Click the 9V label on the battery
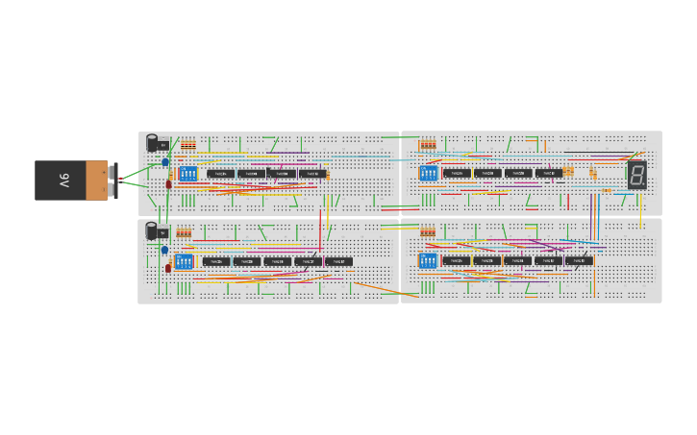tap(64, 180)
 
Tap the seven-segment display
tap(636, 175)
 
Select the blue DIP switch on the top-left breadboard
tap(187, 174)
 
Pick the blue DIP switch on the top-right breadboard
tap(429, 174)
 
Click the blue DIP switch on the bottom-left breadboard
tap(184, 261)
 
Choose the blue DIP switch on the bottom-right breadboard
tap(428, 260)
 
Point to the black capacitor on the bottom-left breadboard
tap(152, 230)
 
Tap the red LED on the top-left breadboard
tap(169, 183)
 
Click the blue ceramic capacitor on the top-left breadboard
tap(165, 163)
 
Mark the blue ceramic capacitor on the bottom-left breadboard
tap(164, 251)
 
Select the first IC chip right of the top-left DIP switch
tap(220, 174)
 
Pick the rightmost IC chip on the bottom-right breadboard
tap(579, 260)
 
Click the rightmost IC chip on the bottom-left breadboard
tap(338, 261)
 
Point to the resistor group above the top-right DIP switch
tap(428, 145)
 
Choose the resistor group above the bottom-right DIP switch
tap(428, 231)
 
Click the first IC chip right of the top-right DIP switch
tap(457, 174)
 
